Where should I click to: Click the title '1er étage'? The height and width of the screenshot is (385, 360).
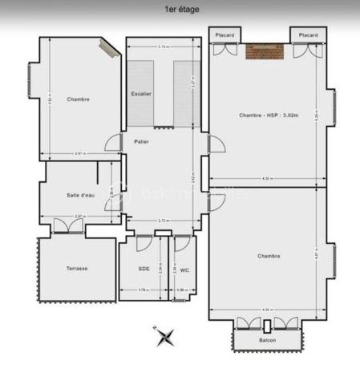coord(181,10)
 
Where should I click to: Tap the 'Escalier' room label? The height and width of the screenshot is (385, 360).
coord(141,94)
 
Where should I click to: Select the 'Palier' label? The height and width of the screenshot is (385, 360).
coord(141,141)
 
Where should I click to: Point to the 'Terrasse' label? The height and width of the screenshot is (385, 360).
coord(77,268)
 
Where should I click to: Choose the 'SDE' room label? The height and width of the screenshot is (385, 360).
coord(144,268)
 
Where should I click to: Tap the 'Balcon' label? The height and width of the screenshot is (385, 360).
coord(268,340)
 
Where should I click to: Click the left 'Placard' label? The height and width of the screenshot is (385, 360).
coord(225,35)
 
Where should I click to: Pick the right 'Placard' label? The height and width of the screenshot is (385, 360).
coord(308,35)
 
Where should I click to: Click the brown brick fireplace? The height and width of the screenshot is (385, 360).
coord(265,53)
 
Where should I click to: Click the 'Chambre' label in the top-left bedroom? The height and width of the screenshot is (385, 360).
coord(79,99)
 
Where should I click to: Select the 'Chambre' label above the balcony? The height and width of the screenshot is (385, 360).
coord(269,256)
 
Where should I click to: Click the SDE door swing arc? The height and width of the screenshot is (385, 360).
coord(144,243)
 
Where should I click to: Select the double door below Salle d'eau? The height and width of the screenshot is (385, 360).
coord(68,225)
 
